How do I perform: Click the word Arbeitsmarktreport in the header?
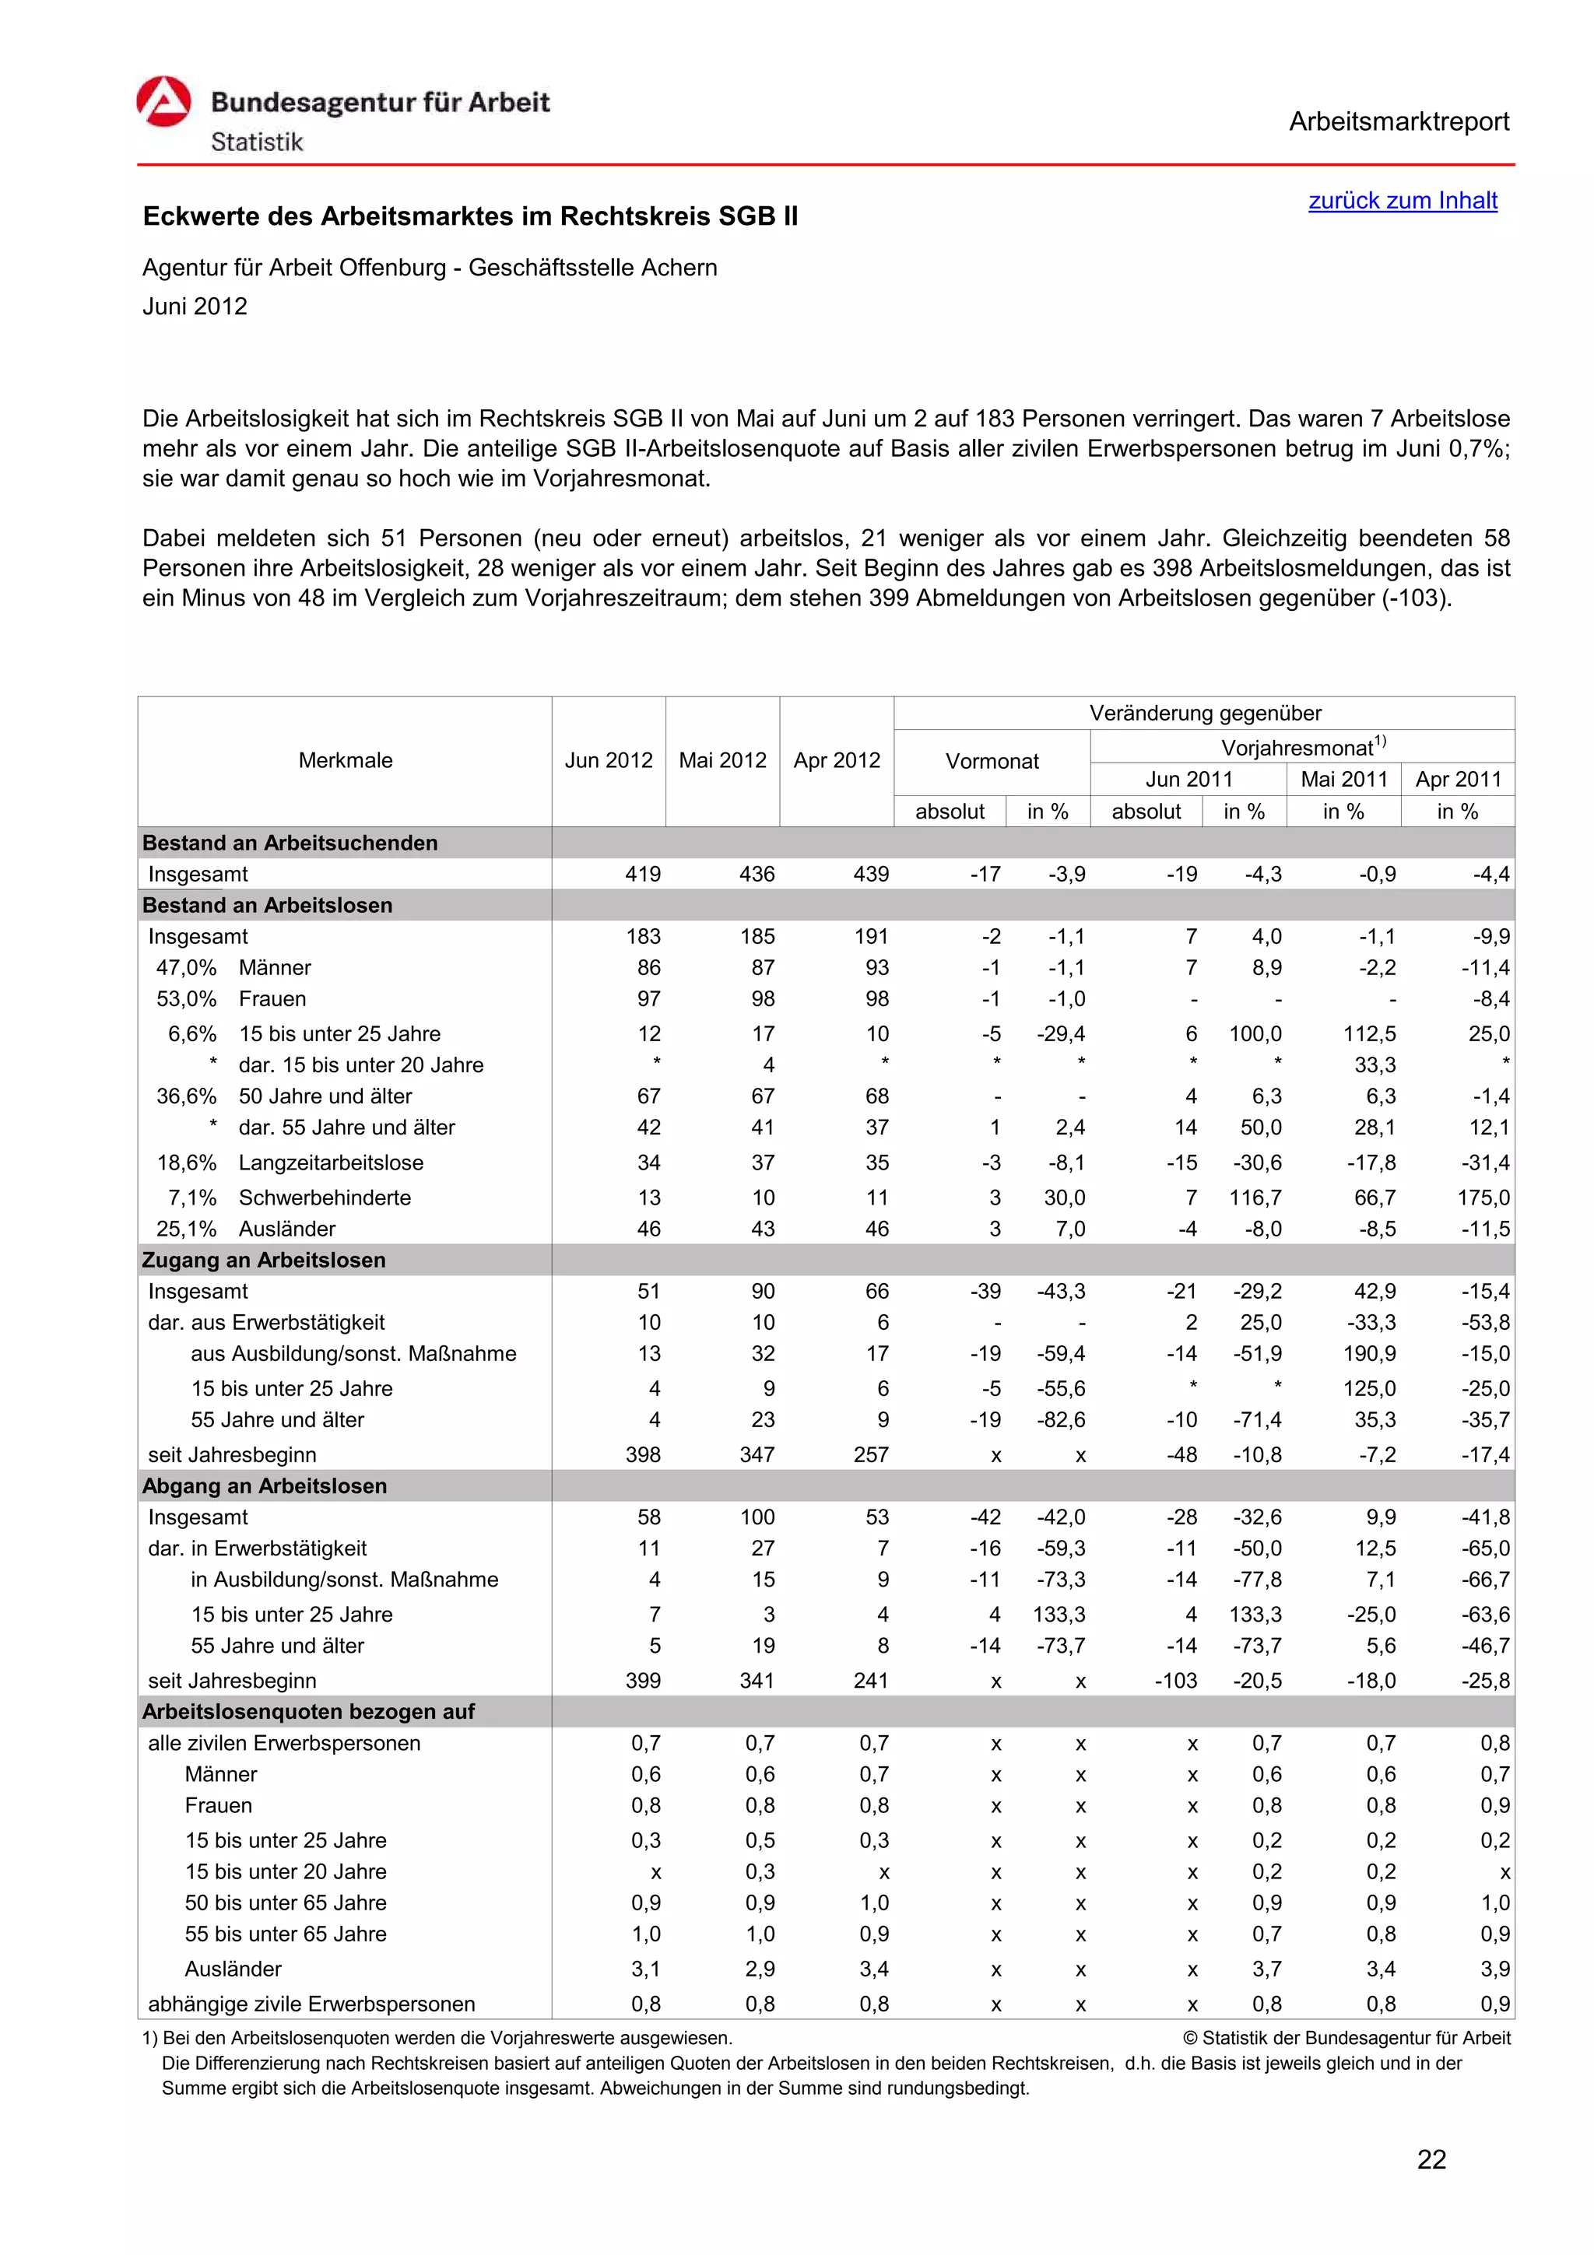pyautogui.click(x=1399, y=122)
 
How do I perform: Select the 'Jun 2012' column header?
pyautogui.click(x=608, y=760)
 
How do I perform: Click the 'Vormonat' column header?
pyautogui.click(x=991, y=761)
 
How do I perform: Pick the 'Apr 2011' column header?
pyautogui.click(x=1458, y=779)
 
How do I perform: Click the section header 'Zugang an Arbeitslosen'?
pyautogui.click(x=264, y=1260)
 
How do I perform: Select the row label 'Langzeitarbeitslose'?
pyautogui.click(x=331, y=1163)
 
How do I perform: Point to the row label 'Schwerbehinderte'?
pyautogui.click(x=324, y=1198)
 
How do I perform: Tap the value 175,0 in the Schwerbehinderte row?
pyautogui.click(x=1484, y=1198)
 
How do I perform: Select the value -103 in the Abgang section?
pyautogui.click(x=1177, y=1681)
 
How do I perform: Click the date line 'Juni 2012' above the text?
pyautogui.click(x=195, y=307)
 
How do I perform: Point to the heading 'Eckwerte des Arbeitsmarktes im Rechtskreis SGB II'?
pyautogui.click(x=470, y=217)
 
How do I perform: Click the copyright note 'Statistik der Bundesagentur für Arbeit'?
pyautogui.click(x=1354, y=2038)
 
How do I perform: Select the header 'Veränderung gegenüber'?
pyautogui.click(x=1204, y=713)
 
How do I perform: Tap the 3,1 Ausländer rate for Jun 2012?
pyautogui.click(x=645, y=1969)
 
